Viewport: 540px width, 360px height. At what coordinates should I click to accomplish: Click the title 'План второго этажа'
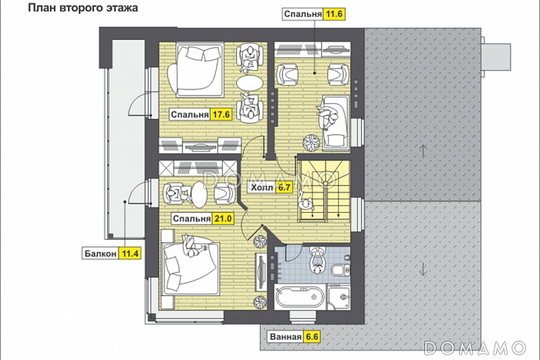(83, 8)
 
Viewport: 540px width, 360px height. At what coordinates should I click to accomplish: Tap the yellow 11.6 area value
(334, 14)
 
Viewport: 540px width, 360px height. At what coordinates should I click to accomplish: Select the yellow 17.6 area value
(221, 114)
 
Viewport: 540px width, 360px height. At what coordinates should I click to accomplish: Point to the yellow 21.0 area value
(222, 219)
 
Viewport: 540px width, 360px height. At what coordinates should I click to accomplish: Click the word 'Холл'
(262, 188)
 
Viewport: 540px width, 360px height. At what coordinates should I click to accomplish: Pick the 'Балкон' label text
(100, 254)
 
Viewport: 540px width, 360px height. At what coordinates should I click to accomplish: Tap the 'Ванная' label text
(285, 337)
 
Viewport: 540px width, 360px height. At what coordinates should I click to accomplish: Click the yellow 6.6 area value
(312, 337)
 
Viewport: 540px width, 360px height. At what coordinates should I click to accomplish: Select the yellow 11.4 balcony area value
(130, 254)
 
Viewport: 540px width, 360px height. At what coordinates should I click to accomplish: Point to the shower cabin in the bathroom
(339, 297)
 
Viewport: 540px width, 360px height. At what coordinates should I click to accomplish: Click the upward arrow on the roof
(424, 151)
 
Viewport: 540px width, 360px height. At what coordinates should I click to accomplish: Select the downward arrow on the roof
(424, 269)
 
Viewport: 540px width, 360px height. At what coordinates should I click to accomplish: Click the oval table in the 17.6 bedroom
(249, 83)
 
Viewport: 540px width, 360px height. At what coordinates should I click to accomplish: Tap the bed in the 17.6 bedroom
(195, 70)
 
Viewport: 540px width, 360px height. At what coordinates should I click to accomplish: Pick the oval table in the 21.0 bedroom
(199, 194)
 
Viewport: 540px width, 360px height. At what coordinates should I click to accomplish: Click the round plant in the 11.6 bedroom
(312, 143)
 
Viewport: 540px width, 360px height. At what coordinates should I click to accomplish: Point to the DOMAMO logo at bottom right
(475, 348)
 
